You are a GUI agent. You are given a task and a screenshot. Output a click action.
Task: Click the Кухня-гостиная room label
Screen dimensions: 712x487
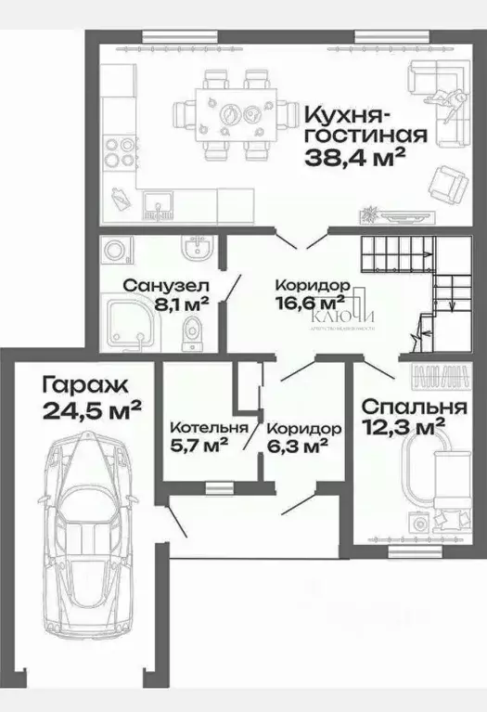click(365, 125)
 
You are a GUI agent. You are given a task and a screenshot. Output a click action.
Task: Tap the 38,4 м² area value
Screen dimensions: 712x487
click(356, 157)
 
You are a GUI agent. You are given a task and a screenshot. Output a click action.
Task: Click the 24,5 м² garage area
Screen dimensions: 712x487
click(91, 408)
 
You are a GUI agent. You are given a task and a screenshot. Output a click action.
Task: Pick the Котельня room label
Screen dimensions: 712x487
click(209, 428)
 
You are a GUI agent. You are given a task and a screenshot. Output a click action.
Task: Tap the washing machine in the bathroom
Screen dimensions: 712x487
click(118, 252)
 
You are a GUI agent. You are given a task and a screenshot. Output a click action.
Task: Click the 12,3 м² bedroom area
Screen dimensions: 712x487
click(400, 429)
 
